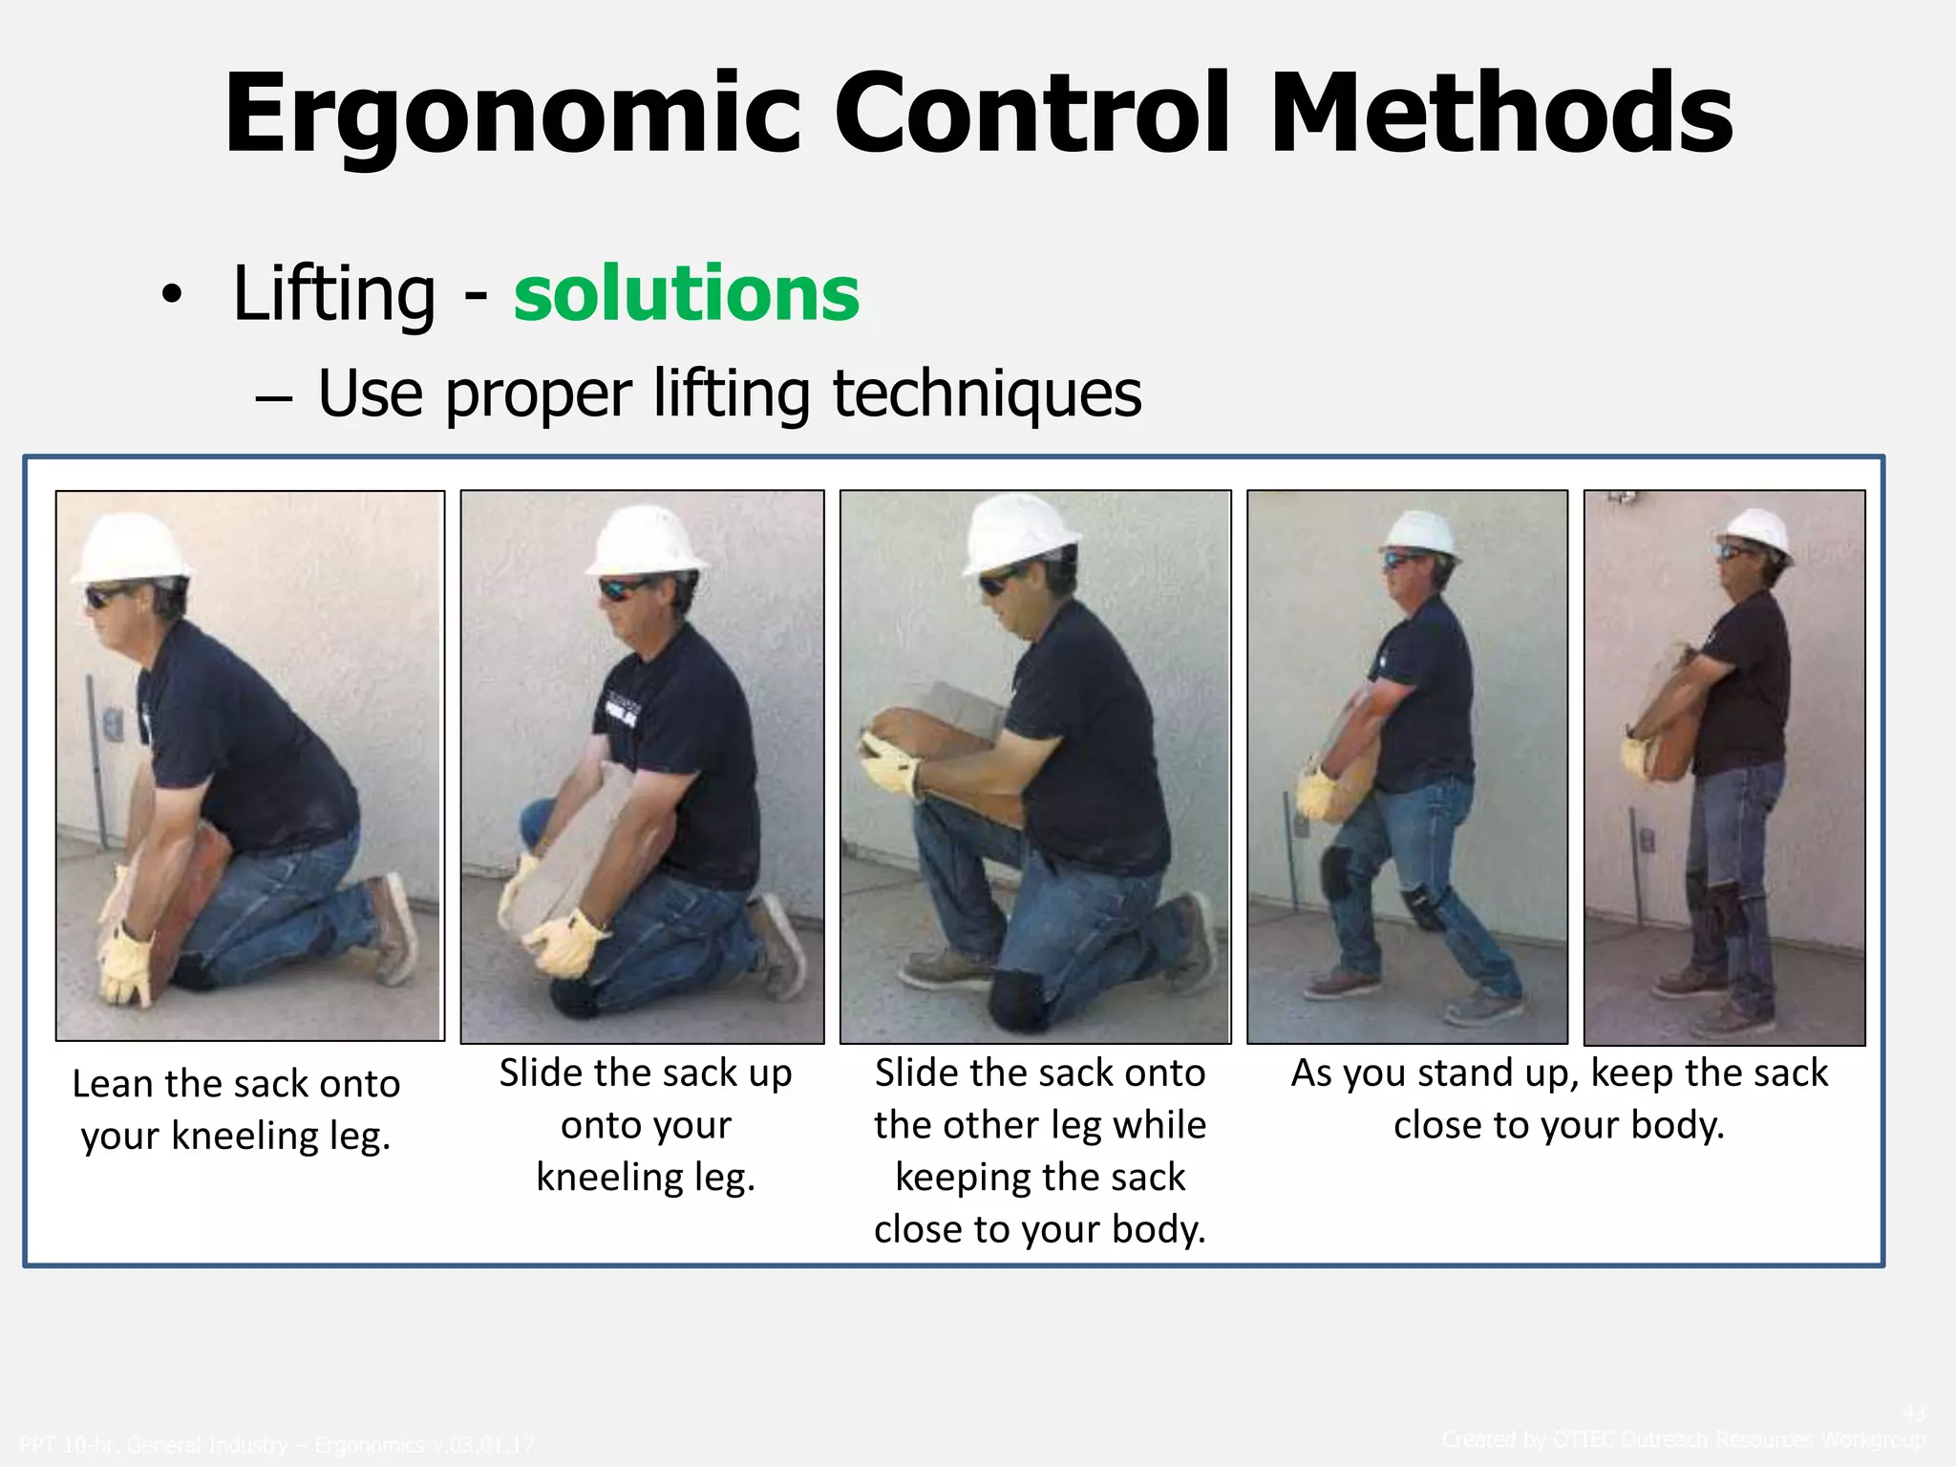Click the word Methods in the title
[x=1500, y=115]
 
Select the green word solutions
[x=686, y=293]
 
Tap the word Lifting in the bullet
[x=334, y=293]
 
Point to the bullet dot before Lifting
[x=170, y=295]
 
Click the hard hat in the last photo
[x=1758, y=530]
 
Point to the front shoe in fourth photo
[x=1342, y=984]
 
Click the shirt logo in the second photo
[x=623, y=712]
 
